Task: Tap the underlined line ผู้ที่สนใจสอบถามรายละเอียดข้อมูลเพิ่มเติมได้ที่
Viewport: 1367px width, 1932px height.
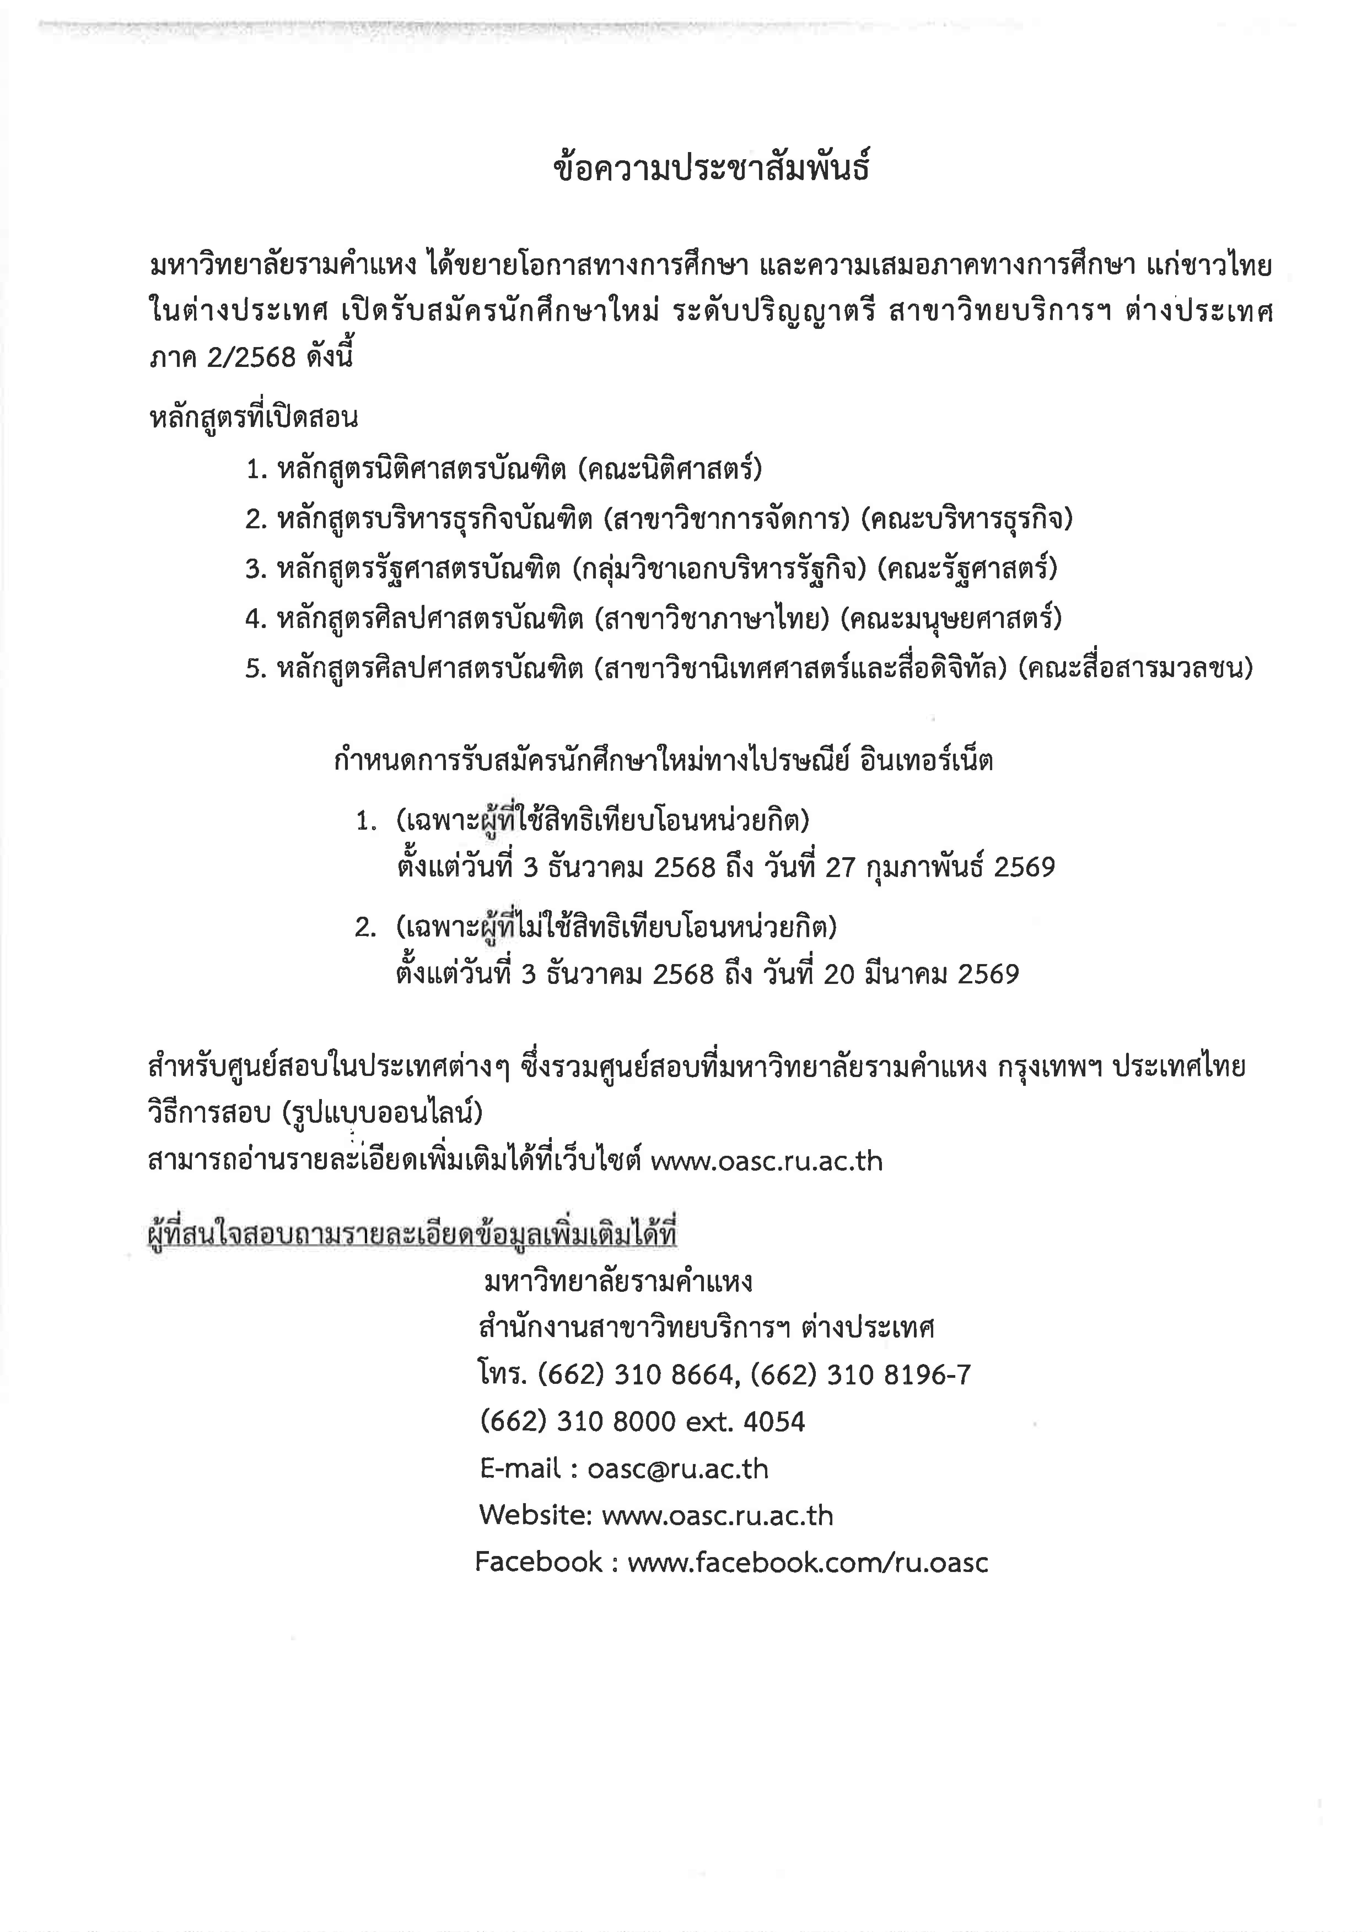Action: (x=413, y=1235)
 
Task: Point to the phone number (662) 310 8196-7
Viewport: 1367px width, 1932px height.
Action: (x=860, y=1375)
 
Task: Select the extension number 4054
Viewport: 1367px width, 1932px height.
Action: (x=774, y=1422)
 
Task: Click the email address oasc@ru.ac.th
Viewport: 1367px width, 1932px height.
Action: (x=678, y=1469)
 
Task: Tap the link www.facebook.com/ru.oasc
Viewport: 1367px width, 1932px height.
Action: (x=808, y=1563)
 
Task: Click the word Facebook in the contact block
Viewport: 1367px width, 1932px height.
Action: (x=539, y=1563)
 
